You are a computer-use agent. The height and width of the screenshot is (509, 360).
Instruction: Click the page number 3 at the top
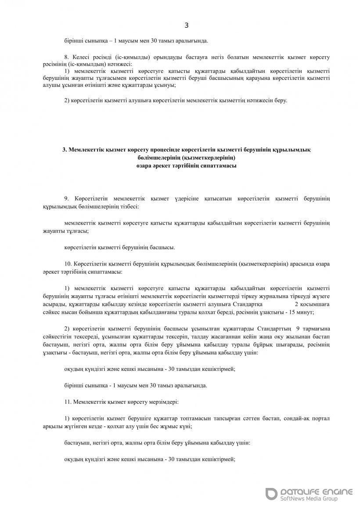coord(186,25)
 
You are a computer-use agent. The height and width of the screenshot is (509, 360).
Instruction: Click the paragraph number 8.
coord(67,57)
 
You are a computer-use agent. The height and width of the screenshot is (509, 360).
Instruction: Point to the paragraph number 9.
coord(67,199)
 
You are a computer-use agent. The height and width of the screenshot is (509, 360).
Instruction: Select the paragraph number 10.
coord(68,264)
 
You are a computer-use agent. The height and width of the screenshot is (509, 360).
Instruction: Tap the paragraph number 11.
coord(68,401)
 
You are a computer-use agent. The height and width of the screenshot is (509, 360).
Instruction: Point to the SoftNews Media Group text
coord(308,499)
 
